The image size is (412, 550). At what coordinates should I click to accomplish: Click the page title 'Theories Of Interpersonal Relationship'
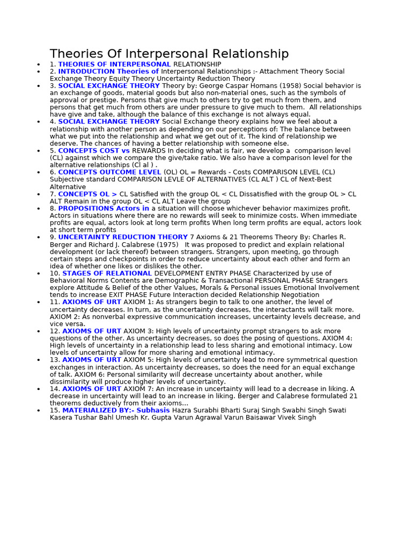169,54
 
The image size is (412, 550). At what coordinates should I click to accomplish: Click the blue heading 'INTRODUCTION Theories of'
108,71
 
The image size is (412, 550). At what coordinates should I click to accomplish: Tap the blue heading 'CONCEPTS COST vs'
94,151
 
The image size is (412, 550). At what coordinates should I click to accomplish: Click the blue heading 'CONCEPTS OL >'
87,194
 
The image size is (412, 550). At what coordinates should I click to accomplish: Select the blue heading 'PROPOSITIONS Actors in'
104,208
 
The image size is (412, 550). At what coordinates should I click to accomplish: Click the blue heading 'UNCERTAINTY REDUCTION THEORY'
123,237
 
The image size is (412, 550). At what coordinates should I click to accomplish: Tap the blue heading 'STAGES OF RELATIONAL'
107,273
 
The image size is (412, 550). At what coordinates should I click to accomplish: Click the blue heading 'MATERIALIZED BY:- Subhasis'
116,410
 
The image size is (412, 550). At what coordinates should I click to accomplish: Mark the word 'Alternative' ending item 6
68,187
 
